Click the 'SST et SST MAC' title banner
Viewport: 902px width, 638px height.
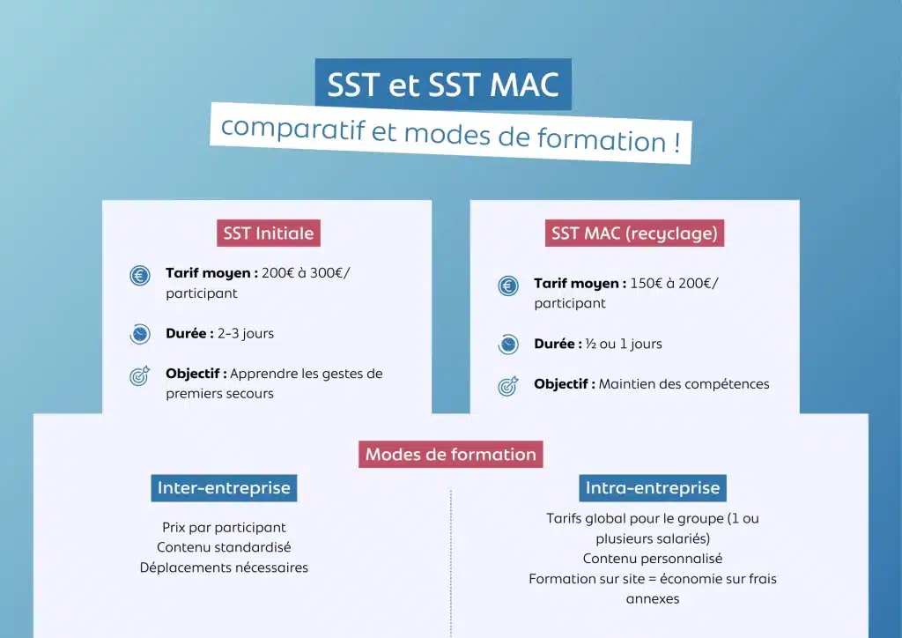(443, 85)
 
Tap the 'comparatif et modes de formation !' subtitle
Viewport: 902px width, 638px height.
(450, 134)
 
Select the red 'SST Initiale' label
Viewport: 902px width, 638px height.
(268, 234)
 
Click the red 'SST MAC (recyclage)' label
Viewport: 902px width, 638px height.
(634, 234)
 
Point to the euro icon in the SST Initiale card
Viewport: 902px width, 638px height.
(140, 276)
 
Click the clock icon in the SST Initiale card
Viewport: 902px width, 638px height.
(140, 334)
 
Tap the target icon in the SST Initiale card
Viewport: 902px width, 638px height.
(140, 376)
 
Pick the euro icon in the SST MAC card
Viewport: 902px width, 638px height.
(508, 286)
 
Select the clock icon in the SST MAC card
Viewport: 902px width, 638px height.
(508, 345)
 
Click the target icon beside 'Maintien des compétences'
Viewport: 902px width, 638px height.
(508, 386)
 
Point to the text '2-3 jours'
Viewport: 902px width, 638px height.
(246, 334)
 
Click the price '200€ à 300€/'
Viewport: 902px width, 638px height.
(306, 273)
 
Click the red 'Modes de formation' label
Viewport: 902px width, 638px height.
(451, 455)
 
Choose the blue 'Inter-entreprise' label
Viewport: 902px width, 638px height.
(224, 488)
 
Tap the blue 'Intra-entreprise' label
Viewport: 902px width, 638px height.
(653, 488)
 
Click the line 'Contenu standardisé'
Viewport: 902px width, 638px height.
(224, 547)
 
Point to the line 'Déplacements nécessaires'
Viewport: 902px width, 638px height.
(224, 568)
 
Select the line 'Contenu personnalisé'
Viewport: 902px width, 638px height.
(653, 559)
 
